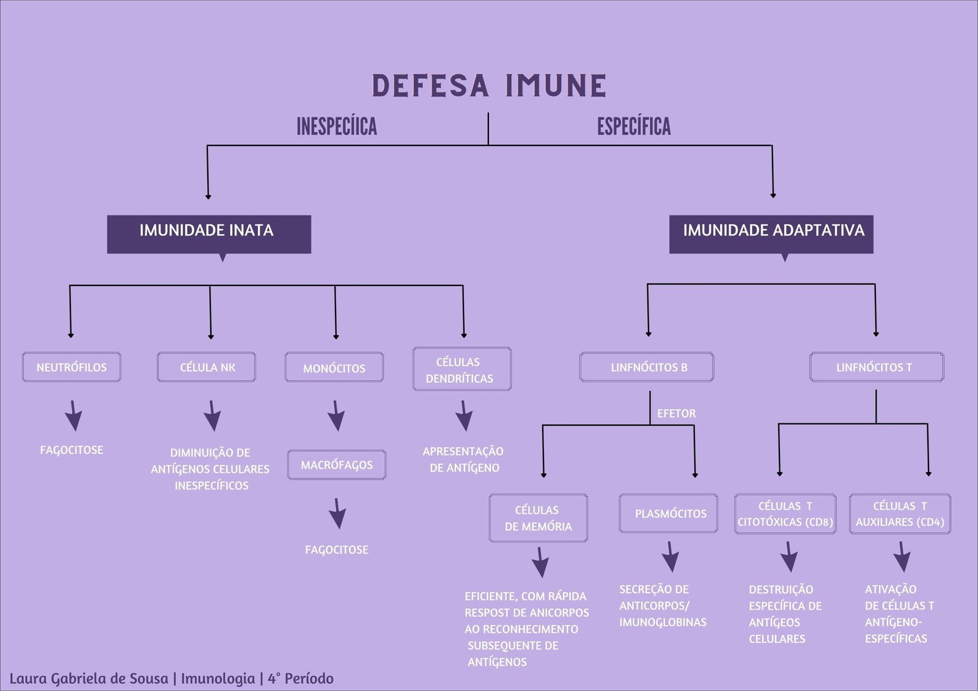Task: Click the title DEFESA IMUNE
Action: click(x=489, y=86)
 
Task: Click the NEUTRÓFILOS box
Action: click(x=72, y=367)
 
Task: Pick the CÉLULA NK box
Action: click(x=207, y=367)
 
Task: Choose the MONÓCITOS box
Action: click(x=334, y=368)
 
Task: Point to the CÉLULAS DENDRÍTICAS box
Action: click(x=461, y=370)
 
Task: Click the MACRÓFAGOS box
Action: click(x=337, y=465)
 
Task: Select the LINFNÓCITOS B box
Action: click(x=647, y=367)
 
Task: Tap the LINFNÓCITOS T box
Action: click(x=876, y=367)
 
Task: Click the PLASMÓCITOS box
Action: click(x=669, y=513)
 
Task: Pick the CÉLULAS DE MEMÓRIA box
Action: click(x=538, y=518)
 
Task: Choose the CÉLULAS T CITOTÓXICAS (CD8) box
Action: click(x=785, y=514)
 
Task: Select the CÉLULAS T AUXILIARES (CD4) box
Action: click(x=900, y=514)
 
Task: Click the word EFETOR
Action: click(x=676, y=414)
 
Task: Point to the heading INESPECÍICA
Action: click(x=337, y=126)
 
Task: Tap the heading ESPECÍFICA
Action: click(x=634, y=126)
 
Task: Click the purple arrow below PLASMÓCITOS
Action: click(x=671, y=556)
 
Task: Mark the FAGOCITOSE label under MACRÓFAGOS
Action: click(x=337, y=550)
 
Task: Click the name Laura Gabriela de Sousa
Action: click(x=89, y=678)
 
